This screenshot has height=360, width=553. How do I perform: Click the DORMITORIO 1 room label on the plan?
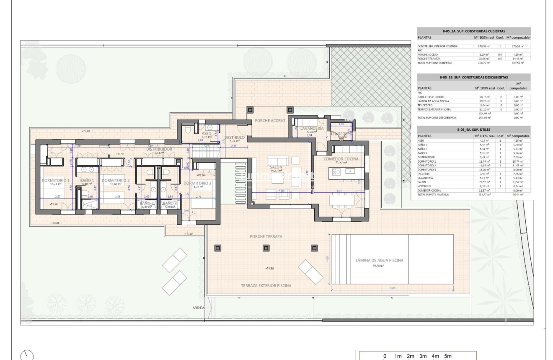tap(55, 180)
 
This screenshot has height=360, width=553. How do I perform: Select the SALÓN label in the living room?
tap(276, 167)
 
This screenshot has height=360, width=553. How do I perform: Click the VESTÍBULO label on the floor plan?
tap(235, 137)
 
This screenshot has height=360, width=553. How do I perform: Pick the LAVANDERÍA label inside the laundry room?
tap(311, 128)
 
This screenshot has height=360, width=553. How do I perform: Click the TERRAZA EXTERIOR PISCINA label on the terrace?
tap(266, 285)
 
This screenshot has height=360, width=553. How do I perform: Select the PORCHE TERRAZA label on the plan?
tap(266, 236)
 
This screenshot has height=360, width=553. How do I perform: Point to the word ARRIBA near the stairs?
tap(198, 308)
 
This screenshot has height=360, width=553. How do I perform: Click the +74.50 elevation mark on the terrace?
tap(269, 268)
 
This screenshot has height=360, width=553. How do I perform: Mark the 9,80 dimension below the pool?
tap(393, 288)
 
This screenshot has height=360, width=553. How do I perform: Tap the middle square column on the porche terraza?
tap(265, 248)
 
